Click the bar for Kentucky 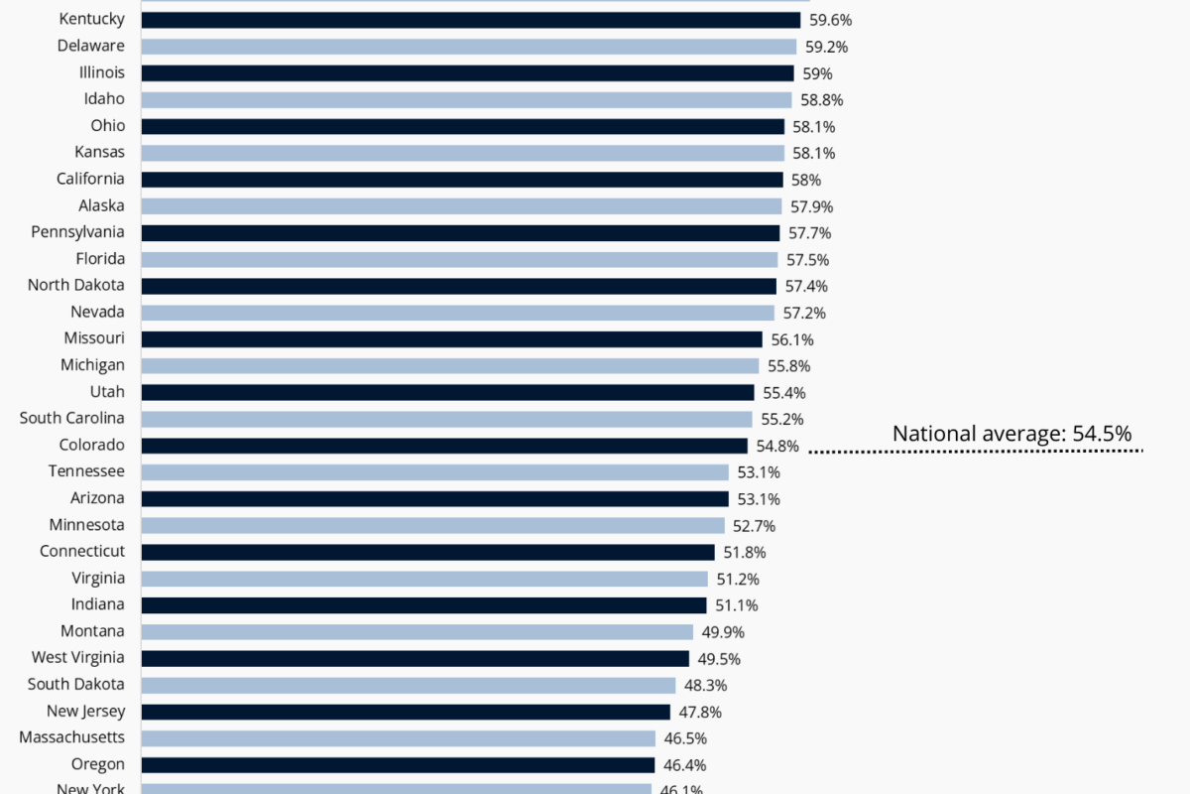point(470,20)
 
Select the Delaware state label point(91,46)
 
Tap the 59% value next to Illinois point(817,73)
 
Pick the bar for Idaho point(466,99)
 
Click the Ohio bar point(462,126)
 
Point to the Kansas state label point(99,152)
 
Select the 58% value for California point(806,180)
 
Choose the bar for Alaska point(461,205)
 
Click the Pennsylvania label point(76,231)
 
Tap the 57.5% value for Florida point(807,259)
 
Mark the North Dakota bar point(458,286)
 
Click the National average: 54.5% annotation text point(1011,433)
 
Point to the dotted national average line point(976,453)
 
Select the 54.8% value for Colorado point(776,446)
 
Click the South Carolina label point(72,418)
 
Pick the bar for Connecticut point(427,552)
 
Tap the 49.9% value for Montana point(722,632)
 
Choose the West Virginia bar point(415,658)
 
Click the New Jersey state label point(85,711)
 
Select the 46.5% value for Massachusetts point(685,738)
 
